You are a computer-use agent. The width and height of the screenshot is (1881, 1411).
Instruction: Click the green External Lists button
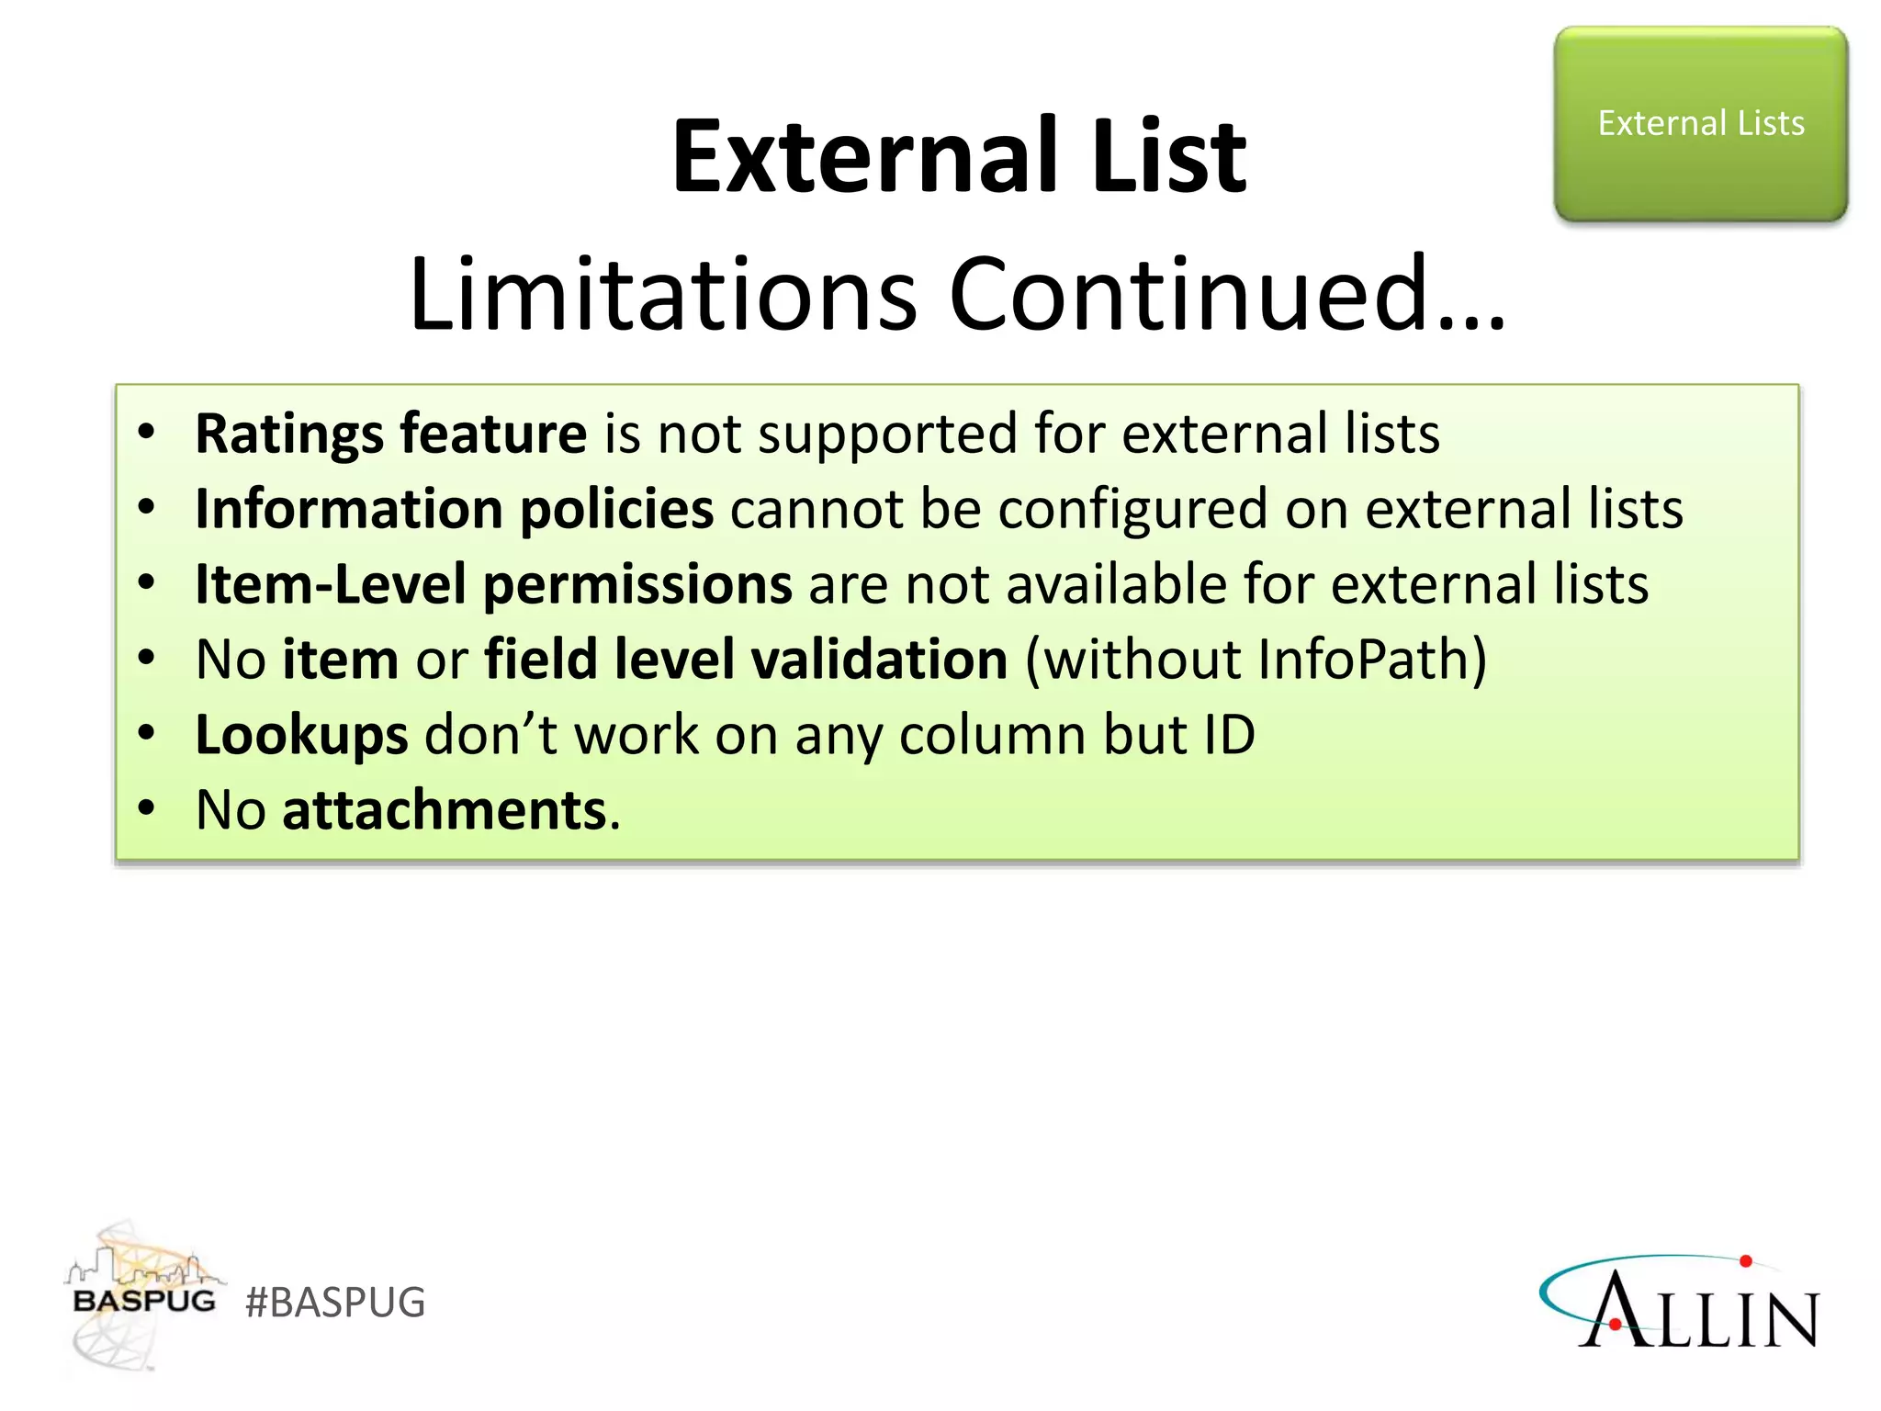(1700, 124)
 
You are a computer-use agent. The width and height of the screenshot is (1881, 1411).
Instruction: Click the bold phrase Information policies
(454, 509)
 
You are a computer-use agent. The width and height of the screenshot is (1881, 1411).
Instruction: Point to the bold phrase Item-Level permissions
(493, 584)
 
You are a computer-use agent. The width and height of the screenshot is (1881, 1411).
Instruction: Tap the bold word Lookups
(301, 735)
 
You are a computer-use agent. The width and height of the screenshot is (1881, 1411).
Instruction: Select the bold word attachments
(445, 810)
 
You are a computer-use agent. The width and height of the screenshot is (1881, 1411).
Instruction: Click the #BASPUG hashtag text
(335, 1303)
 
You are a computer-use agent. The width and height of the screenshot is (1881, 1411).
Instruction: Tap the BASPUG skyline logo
(142, 1295)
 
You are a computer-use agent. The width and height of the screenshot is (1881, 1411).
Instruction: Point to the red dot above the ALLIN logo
(1746, 1261)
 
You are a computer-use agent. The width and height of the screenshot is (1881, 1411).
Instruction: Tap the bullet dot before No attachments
(146, 808)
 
